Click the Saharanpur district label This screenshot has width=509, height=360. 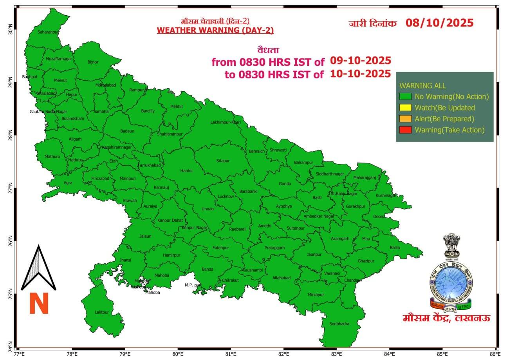47,32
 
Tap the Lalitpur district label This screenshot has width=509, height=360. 101,312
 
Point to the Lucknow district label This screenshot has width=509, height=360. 226,196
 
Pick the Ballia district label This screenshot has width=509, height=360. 395,247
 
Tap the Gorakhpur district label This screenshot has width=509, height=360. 356,206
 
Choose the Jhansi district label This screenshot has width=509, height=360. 126,260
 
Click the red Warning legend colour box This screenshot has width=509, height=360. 405,130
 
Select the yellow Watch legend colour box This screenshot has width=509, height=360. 405,108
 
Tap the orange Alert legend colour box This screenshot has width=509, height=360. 405,119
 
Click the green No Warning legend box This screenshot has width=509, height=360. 405,97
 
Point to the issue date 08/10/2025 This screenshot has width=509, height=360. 439,23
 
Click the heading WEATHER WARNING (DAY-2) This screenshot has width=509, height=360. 215,31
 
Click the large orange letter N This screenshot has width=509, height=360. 39,304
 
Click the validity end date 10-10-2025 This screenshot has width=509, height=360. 360,74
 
